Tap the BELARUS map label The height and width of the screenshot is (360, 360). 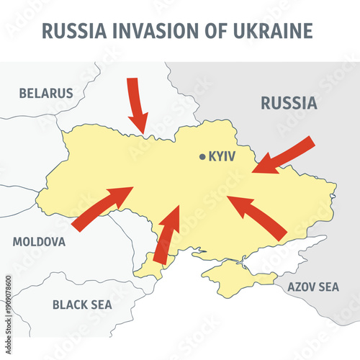(x=46, y=93)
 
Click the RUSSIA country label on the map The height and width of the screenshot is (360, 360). (x=289, y=103)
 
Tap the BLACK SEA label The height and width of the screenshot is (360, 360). (x=82, y=305)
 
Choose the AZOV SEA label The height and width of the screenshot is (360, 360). (x=312, y=287)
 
